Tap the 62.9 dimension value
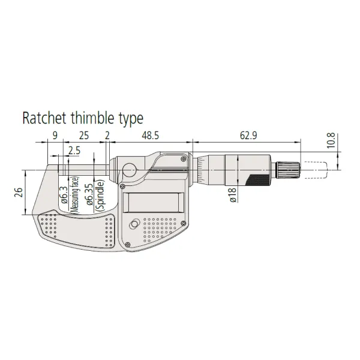point(248,136)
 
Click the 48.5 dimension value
point(150,136)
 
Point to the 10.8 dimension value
point(331,140)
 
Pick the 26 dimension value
point(19,193)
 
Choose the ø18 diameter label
point(233,194)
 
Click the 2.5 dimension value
point(74,151)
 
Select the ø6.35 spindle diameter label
point(89,194)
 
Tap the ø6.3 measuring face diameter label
point(64,195)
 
